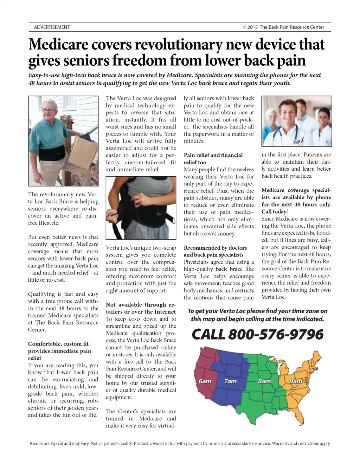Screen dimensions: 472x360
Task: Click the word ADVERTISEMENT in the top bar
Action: click(52, 27)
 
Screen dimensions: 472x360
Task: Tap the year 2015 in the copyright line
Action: click(252, 27)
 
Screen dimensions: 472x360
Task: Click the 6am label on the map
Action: click(205, 381)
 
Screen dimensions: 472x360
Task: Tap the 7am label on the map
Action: click(231, 381)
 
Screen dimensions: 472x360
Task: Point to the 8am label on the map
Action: click(264, 381)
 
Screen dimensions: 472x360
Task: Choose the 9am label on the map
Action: click(296, 381)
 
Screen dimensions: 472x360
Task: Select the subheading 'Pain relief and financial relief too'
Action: click(213, 159)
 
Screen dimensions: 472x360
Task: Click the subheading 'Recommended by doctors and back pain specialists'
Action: click(215, 251)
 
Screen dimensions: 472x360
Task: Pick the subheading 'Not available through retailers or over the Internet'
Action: click(141, 308)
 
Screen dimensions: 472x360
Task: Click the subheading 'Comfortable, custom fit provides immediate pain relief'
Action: click(59, 351)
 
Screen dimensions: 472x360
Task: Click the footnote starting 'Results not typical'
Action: click(180, 443)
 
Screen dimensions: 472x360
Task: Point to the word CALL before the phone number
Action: click(208, 334)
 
